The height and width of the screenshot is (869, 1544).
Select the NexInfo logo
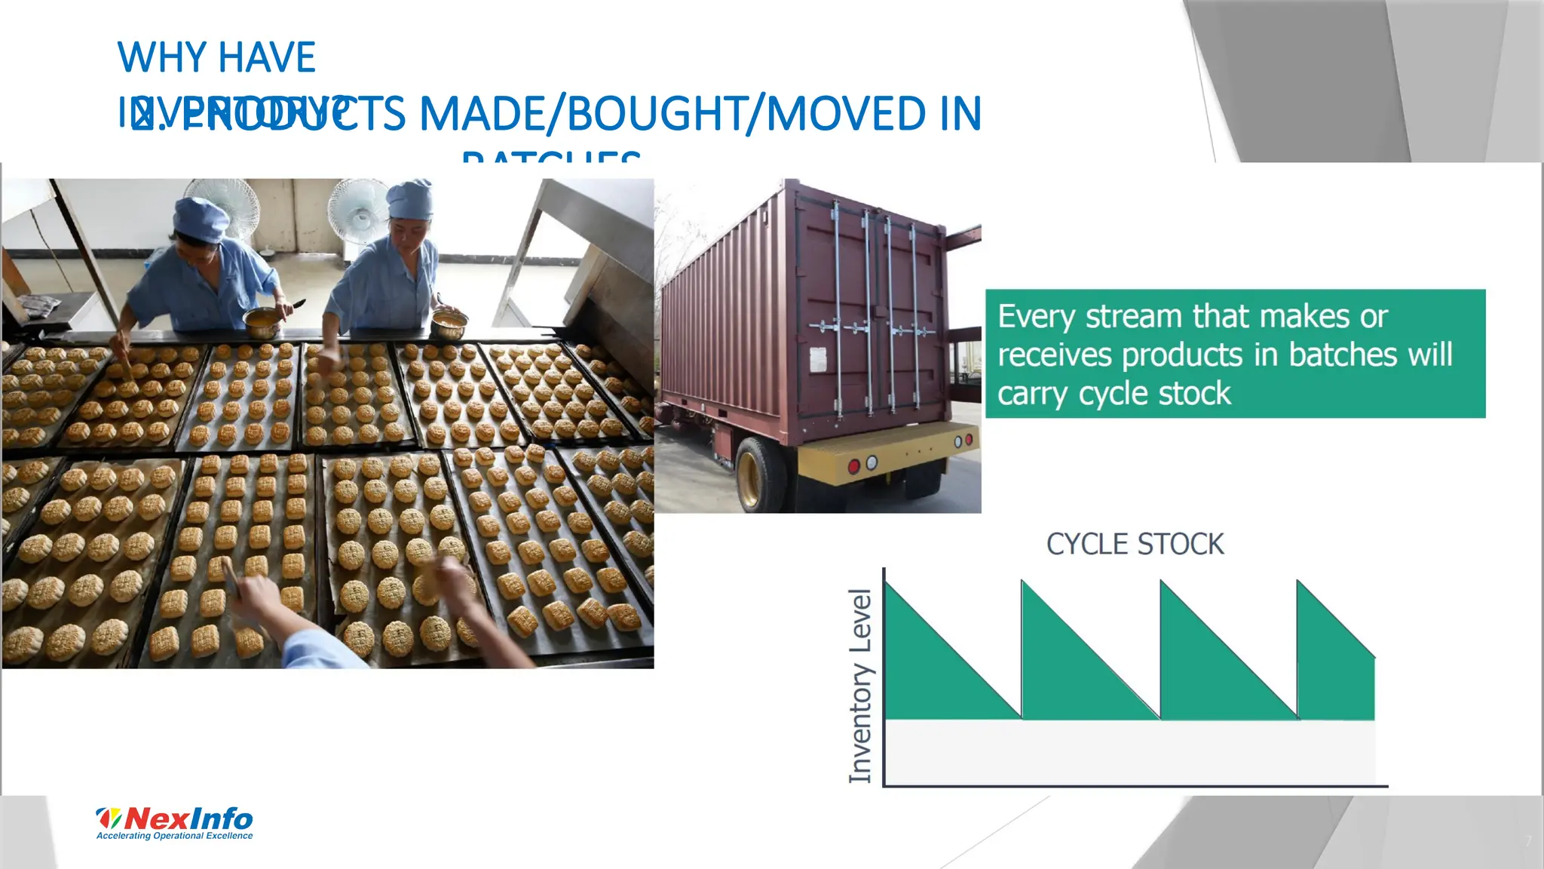click(x=175, y=818)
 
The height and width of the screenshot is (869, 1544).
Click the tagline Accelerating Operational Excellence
click(x=175, y=836)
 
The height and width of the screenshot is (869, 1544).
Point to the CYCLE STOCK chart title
click(x=1135, y=544)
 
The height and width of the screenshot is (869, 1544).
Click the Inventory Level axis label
click(x=860, y=685)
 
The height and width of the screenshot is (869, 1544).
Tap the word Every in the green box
click(x=1037, y=317)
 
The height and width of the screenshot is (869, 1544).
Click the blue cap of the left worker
click(x=201, y=216)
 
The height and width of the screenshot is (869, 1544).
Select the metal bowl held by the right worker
click(x=448, y=324)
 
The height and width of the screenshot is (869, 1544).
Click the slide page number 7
click(x=1528, y=841)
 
